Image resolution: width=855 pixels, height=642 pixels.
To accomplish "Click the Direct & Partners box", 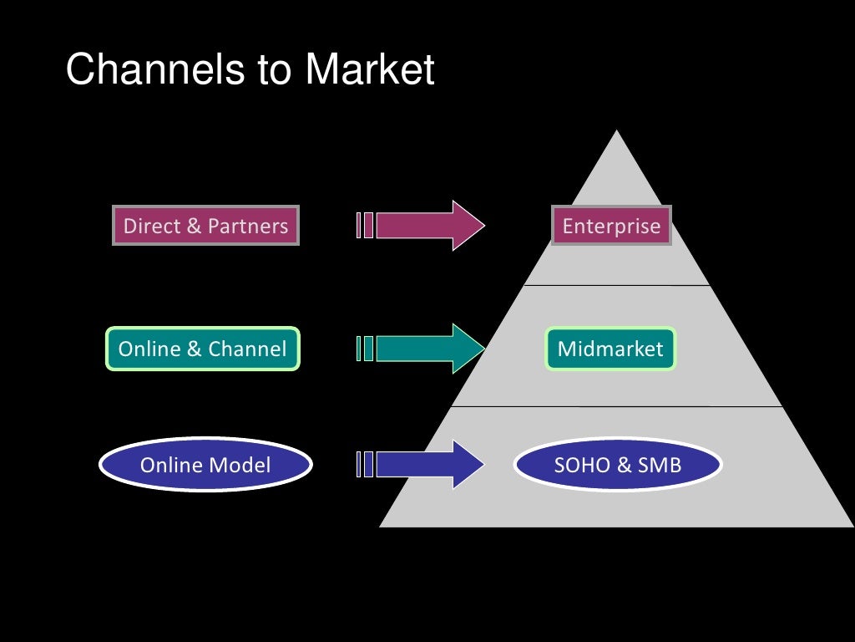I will pyautogui.click(x=205, y=226).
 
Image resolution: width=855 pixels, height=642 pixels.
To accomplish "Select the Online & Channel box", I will pyautogui.click(x=202, y=349).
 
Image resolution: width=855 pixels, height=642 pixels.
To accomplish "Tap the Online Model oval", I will pyautogui.click(x=205, y=465).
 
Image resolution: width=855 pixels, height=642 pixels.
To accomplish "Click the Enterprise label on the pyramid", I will pyautogui.click(x=611, y=226).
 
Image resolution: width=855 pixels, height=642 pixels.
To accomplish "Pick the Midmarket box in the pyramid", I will pyautogui.click(x=610, y=349).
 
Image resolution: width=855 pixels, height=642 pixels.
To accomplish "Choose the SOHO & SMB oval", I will pyautogui.click(x=617, y=465).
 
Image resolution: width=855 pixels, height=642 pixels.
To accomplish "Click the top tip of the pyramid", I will pyautogui.click(x=617, y=133).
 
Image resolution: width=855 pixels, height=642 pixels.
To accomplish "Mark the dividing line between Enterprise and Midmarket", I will pyautogui.click(x=617, y=286).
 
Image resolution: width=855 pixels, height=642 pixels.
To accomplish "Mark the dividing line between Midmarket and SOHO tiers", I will pyautogui.click(x=617, y=407).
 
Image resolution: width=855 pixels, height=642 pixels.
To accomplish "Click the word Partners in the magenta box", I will pyautogui.click(x=247, y=226).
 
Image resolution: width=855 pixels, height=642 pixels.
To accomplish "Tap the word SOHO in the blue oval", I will pyautogui.click(x=577, y=465).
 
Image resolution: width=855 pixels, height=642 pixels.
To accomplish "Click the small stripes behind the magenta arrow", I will pyautogui.click(x=364, y=226).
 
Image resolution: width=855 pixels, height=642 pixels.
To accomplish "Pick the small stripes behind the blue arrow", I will pyautogui.click(x=364, y=465).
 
